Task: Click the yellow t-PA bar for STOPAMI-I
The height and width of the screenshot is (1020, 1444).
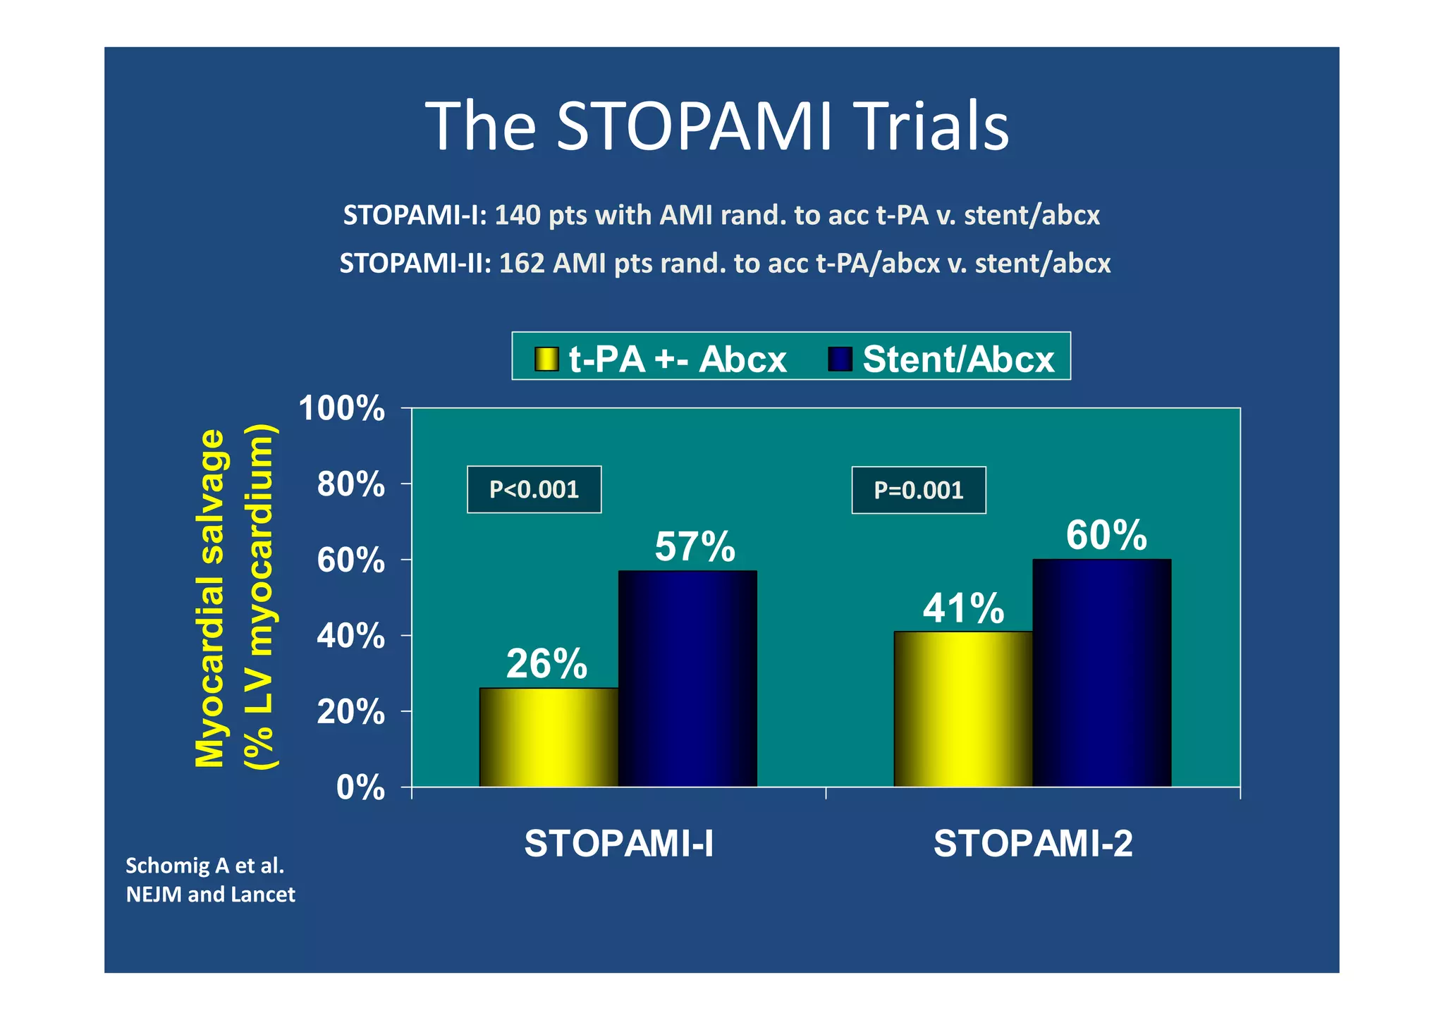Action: pos(549,737)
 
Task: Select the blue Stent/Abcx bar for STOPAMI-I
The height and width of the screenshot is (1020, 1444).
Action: pos(687,678)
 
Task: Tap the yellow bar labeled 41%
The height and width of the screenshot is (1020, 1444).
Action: pos(962,708)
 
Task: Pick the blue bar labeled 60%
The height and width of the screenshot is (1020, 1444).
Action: pos(1101,672)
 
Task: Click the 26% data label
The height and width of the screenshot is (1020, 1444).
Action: pos(546,663)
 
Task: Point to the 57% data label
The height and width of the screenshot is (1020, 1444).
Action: pos(695,546)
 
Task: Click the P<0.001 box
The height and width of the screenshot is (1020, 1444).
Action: pos(534,489)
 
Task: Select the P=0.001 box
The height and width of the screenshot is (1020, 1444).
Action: pos(918,490)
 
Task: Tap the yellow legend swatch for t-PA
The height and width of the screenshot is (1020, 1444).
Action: pos(546,359)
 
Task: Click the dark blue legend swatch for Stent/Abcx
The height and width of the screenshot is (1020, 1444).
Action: pos(840,359)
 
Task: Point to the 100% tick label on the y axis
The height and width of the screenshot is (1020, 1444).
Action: pos(342,408)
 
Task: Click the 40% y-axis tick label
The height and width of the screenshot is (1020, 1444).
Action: pos(350,636)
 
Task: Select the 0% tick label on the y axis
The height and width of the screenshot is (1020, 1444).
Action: pos(360,787)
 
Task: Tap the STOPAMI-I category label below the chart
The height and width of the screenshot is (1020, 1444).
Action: pos(618,843)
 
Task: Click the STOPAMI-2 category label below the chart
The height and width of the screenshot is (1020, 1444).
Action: pos(1032,843)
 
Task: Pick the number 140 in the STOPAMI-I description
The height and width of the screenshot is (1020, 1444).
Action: pos(517,215)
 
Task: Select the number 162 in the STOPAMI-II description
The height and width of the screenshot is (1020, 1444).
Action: pos(522,264)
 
